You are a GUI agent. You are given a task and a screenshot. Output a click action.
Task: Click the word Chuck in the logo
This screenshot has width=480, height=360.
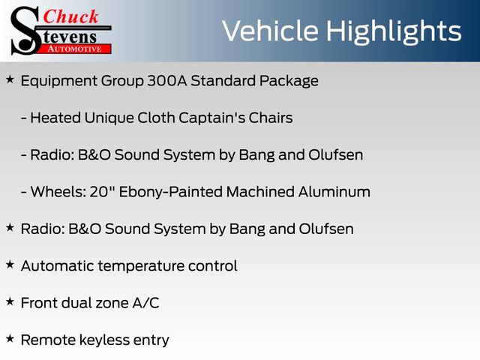70,16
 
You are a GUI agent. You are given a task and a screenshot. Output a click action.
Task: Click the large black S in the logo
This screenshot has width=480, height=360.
25,31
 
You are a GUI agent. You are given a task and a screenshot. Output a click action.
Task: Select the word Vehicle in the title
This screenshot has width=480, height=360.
270,31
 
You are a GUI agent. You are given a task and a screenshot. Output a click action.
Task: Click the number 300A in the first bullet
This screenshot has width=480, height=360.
167,81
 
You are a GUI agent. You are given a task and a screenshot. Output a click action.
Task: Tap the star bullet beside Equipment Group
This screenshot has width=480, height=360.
10,80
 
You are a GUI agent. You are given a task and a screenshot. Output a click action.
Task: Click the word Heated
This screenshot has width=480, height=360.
55,118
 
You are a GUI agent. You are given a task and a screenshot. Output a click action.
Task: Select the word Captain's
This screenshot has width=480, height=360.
211,118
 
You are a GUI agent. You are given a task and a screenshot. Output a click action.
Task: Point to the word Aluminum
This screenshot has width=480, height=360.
334,192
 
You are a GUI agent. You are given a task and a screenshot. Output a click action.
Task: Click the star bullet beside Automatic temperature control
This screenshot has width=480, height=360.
10,265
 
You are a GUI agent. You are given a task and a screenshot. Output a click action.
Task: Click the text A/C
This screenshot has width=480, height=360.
145,303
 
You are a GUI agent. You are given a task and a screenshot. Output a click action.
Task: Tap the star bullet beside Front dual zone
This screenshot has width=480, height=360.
10,301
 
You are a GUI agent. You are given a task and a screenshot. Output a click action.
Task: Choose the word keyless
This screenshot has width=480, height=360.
105,340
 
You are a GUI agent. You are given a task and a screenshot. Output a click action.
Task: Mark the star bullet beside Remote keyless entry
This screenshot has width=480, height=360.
10,339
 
